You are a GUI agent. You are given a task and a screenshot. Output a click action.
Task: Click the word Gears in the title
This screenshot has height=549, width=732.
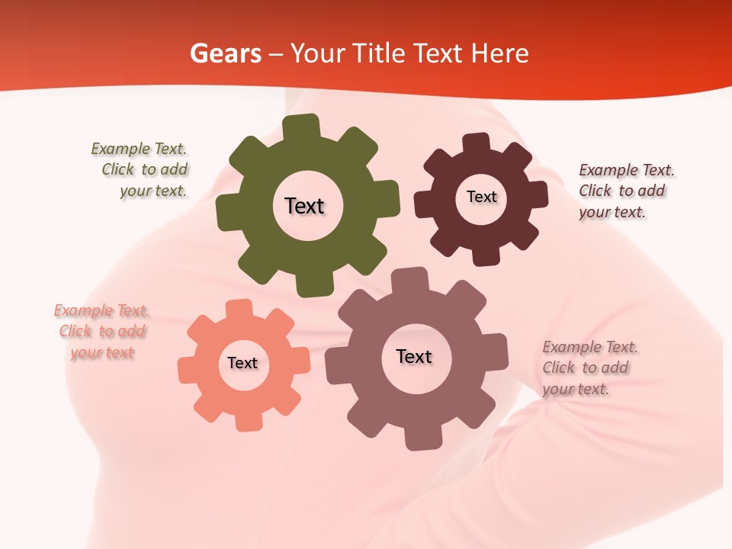[225, 54]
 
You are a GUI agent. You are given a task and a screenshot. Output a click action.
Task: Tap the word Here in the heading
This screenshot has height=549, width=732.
[500, 54]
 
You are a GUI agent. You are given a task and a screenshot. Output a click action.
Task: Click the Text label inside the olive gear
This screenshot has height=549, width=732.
[304, 206]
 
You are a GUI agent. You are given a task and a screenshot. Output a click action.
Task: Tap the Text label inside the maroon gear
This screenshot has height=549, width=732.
[481, 197]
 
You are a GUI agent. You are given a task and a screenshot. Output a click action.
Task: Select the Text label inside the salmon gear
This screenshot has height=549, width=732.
[242, 363]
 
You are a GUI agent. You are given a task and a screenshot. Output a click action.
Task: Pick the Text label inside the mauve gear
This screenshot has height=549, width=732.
[414, 356]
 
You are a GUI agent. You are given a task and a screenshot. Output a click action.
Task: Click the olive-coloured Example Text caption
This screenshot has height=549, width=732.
[145, 170]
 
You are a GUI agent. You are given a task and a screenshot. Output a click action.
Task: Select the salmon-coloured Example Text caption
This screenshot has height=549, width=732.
[102, 332]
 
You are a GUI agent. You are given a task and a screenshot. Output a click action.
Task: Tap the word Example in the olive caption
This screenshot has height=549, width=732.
[120, 149]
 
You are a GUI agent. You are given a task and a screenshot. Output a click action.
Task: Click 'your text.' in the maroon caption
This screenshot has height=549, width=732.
[612, 213]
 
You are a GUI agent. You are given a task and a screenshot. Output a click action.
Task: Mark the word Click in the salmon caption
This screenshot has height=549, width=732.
[75, 332]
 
